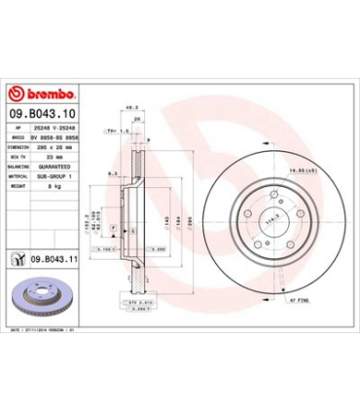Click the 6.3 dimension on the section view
tap(114, 172)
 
